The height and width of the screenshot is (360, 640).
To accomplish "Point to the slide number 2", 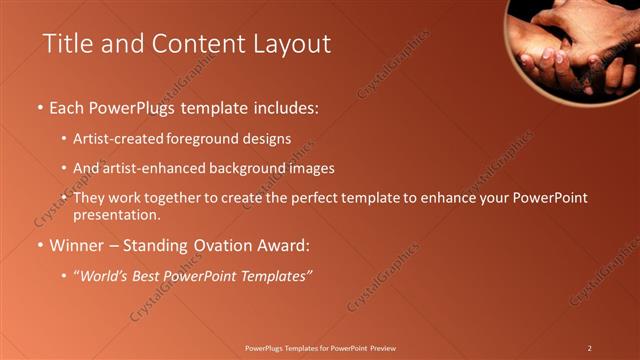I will coord(589,347).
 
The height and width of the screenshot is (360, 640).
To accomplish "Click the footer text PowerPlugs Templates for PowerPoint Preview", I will coord(320,347).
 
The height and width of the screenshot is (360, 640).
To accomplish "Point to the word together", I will coord(177,198).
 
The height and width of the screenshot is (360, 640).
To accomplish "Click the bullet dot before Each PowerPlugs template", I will coord(40,107).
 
